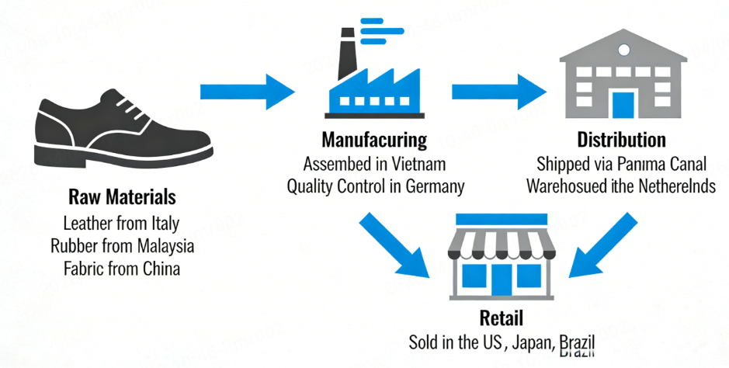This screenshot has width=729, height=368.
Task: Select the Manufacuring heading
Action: click(375, 141)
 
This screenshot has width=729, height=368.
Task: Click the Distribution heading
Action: click(621, 141)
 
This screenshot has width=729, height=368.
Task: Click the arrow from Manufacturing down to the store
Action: click(394, 245)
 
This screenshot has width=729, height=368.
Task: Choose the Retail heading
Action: click(502, 318)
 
